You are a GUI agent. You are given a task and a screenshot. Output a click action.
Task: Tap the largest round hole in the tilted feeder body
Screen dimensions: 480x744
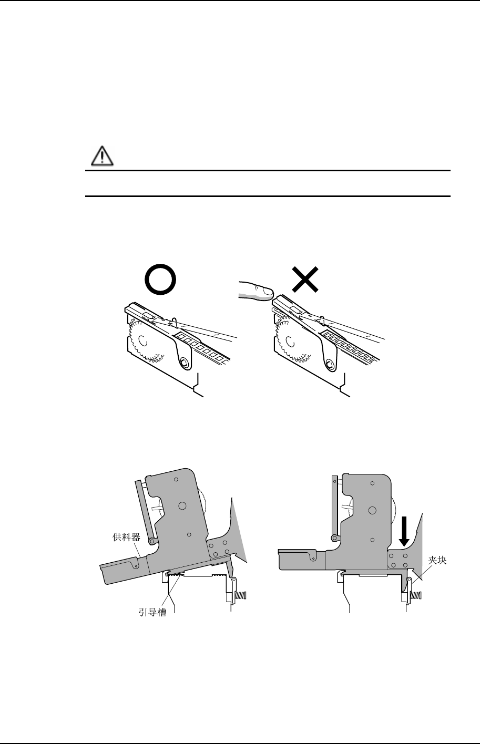click(182, 505)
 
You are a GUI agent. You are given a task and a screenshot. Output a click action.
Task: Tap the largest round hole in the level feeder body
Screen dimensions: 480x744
click(372, 510)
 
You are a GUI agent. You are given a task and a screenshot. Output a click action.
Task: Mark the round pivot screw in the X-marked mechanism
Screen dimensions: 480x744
click(329, 364)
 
